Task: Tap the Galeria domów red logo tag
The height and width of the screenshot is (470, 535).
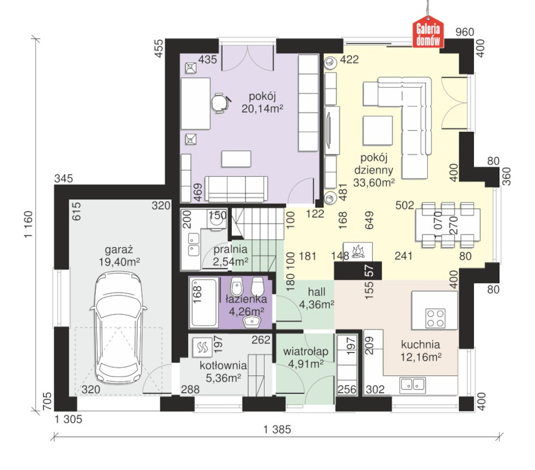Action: click(x=428, y=32)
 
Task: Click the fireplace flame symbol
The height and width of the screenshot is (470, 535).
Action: click(x=358, y=251)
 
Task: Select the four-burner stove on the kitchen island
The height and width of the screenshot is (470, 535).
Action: click(x=435, y=318)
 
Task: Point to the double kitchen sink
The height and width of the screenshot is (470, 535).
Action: click(x=413, y=384)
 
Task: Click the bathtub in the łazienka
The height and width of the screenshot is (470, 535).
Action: click(x=204, y=302)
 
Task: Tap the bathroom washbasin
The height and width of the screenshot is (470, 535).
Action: click(x=252, y=321)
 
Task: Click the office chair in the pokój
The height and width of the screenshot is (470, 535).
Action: click(x=220, y=102)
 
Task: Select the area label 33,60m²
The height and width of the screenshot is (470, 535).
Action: click(x=374, y=183)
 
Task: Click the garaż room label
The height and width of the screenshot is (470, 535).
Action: click(x=119, y=250)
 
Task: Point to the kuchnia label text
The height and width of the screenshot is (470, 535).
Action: click(x=421, y=344)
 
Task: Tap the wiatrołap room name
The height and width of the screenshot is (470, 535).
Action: click(x=305, y=352)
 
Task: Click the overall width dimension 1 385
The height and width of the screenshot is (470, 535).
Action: click(x=277, y=429)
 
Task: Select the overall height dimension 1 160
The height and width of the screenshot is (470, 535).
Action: click(x=29, y=224)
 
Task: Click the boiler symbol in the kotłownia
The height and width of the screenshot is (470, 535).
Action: click(x=202, y=347)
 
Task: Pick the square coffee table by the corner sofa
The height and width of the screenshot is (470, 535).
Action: click(x=377, y=131)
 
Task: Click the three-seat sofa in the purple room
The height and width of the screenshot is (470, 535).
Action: click(x=236, y=190)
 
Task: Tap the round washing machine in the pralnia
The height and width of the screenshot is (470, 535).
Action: click(x=216, y=220)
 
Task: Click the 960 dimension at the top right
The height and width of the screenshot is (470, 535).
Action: click(x=465, y=32)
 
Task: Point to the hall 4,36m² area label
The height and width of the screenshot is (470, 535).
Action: click(x=317, y=304)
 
